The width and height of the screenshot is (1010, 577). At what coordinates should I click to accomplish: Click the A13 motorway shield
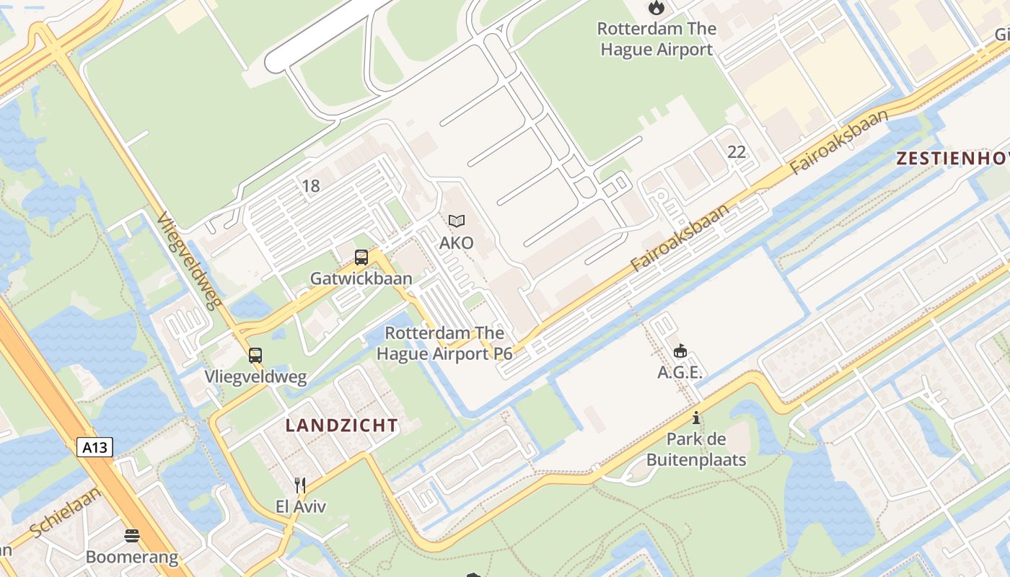pos(95,448)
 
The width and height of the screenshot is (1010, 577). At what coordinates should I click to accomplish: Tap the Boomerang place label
pos(131,557)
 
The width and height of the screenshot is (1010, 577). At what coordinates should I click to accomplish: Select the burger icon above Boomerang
pos(131,536)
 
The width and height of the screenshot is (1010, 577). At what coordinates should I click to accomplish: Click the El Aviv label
pos(301,506)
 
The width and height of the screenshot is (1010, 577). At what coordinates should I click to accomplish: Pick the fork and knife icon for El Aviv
pos(301,485)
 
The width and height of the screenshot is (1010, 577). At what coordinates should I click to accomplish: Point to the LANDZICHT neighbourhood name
pos(341,426)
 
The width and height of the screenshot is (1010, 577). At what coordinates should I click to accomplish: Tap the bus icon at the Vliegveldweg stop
pos(255,355)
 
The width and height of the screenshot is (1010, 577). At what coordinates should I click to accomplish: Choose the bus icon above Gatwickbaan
pos(361,257)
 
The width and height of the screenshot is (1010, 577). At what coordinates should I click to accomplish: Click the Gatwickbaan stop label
pos(361,278)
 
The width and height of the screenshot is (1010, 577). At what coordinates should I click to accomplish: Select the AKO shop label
pos(457,242)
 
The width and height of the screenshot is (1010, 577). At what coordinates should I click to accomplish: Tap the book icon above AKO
pos(457,221)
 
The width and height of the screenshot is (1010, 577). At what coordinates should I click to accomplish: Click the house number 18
pos(310,186)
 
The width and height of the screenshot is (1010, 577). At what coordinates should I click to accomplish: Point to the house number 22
pos(737,151)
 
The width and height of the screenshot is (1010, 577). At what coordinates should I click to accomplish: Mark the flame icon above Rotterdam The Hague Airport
pos(656,8)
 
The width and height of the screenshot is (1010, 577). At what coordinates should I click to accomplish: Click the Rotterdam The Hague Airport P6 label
pos(444,343)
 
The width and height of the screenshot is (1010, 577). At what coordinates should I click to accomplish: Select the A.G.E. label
pos(680,372)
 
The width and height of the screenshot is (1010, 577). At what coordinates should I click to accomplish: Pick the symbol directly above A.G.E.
pos(680,351)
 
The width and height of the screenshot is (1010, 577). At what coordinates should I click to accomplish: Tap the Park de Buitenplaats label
pos(696,449)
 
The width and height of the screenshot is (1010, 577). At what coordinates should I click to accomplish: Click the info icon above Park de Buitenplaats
pos(696,418)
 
